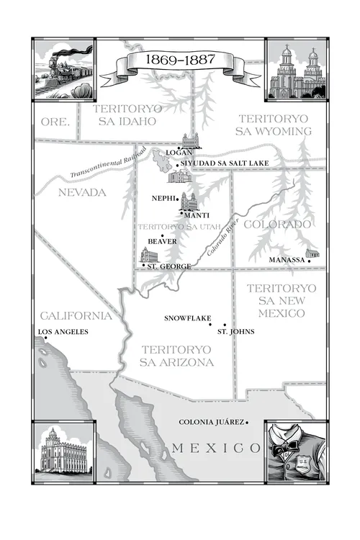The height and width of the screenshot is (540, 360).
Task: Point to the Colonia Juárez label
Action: coord(212,423)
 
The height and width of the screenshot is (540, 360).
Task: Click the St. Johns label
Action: coord(235,332)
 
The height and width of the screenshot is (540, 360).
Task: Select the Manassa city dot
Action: coord(309,260)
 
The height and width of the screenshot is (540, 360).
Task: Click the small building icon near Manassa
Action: coord(312,253)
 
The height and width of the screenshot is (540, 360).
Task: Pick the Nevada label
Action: coord(81,192)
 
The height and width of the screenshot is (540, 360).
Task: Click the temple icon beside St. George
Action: coord(149,256)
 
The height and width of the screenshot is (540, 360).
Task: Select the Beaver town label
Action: coord(162,241)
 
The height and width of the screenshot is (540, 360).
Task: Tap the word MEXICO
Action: coord(215,449)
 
